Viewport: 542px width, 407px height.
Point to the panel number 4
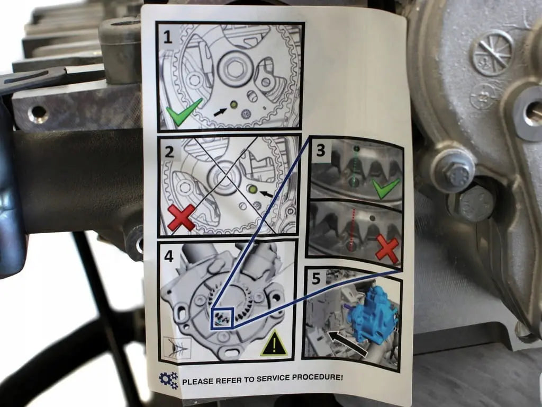169,256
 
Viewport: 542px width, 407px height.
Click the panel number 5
317,279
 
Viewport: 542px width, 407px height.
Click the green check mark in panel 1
183,111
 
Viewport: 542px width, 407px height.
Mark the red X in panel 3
387,249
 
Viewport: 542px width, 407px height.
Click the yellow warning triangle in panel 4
273,344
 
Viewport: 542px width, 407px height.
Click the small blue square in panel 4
222,318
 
